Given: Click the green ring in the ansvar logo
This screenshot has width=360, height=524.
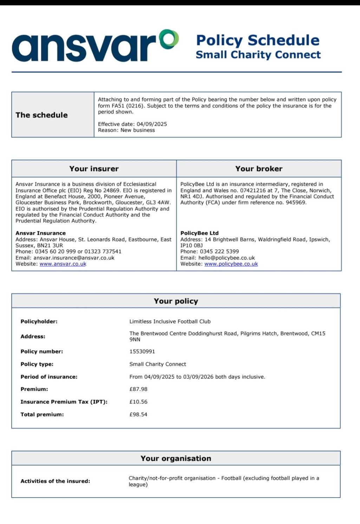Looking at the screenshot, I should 169,39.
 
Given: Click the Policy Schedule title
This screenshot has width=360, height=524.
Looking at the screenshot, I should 258,40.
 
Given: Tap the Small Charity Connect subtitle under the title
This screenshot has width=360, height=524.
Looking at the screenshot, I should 258,55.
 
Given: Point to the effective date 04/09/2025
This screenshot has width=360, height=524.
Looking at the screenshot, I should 152,124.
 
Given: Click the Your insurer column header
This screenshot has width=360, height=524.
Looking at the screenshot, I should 94,169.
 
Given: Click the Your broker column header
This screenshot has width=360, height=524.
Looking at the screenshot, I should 259,169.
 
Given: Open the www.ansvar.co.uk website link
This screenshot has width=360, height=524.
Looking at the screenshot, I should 63,264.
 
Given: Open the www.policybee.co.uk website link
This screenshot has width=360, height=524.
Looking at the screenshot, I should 231,264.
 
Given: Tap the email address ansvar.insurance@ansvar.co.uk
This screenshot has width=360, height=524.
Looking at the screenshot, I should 74,258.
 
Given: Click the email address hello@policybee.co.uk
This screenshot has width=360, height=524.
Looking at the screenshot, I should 227,258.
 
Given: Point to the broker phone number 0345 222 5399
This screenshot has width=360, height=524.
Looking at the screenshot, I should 219,252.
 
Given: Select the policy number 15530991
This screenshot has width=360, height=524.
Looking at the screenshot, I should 142,352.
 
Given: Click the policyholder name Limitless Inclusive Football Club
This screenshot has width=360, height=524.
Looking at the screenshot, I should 170,321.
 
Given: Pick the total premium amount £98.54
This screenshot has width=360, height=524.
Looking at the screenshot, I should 138,414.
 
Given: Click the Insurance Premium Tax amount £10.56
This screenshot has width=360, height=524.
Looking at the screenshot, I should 138,402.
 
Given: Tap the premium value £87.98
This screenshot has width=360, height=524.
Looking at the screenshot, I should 138,389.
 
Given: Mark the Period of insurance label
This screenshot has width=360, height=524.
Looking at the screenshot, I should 49,377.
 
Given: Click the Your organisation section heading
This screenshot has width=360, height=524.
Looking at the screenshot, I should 176,459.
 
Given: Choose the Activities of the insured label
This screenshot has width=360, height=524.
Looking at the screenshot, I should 55,481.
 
